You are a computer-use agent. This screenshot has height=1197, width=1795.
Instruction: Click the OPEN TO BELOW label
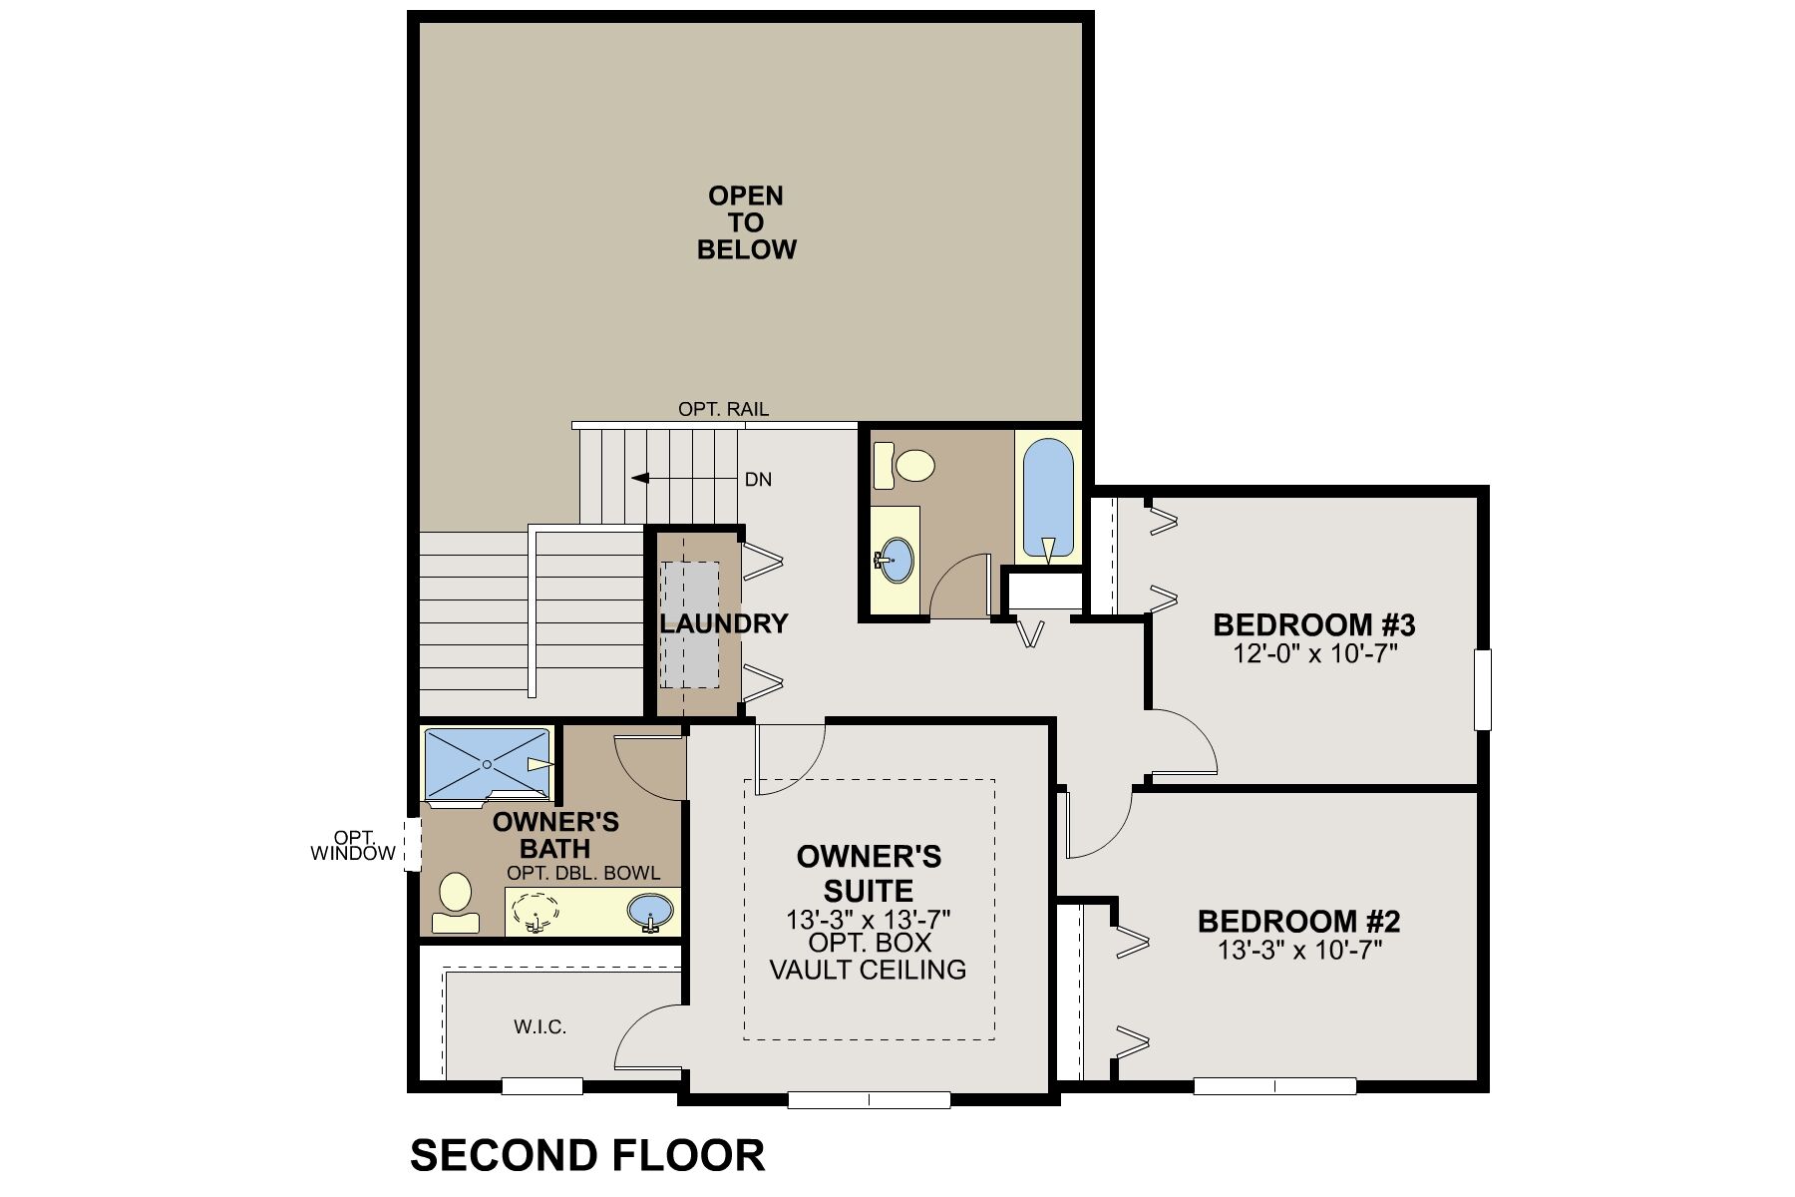point(746,222)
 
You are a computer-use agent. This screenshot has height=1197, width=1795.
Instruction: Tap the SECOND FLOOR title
point(587,1155)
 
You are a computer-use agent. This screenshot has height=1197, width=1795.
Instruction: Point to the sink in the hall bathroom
point(897,560)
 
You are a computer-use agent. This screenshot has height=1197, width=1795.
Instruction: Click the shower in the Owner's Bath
point(487,764)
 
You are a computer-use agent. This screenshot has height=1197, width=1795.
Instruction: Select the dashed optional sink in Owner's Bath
point(538,911)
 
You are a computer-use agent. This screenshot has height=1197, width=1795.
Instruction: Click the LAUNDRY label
point(723,624)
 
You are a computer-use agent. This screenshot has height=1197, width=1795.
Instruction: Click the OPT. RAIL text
point(723,409)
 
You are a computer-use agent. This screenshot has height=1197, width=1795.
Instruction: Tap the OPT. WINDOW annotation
point(352,846)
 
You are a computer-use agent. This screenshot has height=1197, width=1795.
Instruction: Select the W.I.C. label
point(540,1026)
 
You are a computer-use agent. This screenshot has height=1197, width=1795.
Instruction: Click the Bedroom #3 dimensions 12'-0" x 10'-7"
point(1313,653)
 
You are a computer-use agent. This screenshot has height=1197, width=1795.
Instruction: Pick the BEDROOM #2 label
point(1298,920)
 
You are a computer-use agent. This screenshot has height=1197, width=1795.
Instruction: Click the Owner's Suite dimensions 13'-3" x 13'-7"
point(868,918)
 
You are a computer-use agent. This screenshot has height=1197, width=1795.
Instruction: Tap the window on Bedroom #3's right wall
point(1483,689)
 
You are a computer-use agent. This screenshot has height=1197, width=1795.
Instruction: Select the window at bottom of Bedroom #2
point(1273,1086)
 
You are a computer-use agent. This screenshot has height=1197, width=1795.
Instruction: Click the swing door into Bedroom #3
point(1187,743)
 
